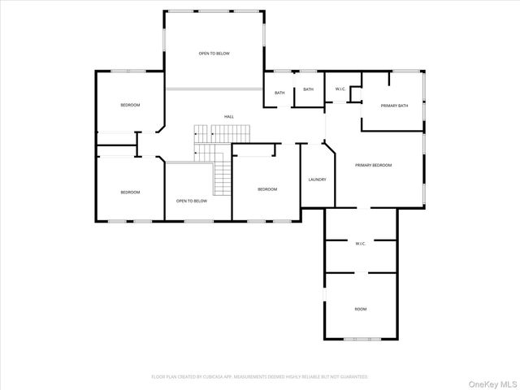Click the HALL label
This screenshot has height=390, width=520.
click(229, 117)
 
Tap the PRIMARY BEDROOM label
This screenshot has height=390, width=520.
click(374, 165)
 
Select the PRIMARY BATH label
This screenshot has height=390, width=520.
click(393, 106)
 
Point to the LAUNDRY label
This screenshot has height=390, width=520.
click(317, 179)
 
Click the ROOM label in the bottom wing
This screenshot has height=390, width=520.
click(361, 309)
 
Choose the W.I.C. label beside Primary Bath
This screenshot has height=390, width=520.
click(341, 89)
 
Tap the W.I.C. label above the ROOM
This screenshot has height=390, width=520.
click(361, 243)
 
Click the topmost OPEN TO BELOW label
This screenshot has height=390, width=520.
click(214, 54)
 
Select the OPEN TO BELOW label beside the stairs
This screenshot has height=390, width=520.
click(192, 200)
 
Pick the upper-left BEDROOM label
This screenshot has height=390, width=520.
click(130, 105)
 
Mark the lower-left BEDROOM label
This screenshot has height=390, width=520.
click(130, 192)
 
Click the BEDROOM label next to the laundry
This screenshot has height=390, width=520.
click(267, 189)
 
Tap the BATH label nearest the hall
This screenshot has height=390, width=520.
click(279, 93)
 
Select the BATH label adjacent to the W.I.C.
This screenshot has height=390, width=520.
click(308, 89)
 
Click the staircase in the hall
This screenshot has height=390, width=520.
click(213, 154)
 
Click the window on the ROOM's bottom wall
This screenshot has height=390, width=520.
click(361, 338)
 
